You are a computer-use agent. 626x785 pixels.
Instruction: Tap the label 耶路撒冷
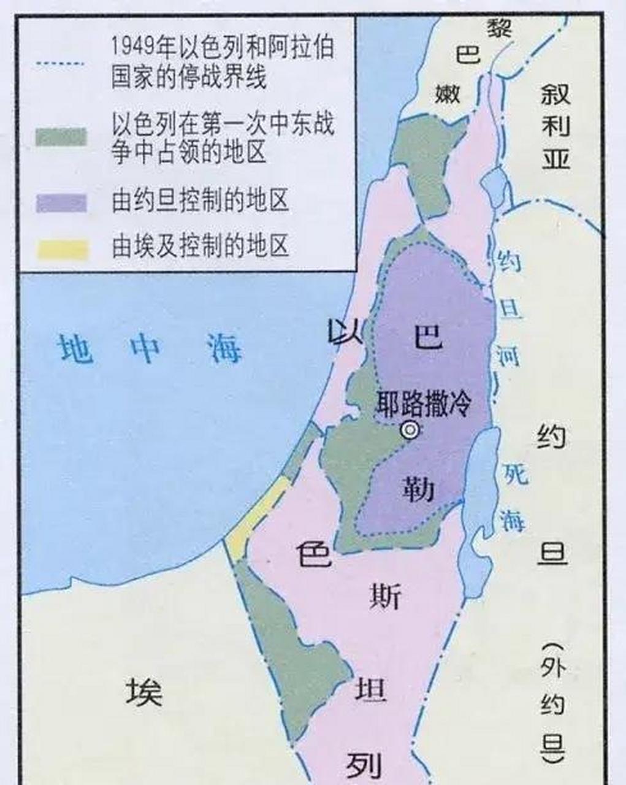coord(424,404)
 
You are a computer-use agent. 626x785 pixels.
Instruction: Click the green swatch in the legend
coord(61,137)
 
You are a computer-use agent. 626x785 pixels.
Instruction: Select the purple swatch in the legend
coord(61,202)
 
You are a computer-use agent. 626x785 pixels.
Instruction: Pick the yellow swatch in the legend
coord(61,248)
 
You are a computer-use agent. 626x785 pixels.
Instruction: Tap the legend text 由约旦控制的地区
coord(200,201)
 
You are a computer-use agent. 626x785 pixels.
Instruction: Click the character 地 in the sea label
coord(75,350)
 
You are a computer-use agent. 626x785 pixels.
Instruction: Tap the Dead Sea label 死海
coord(514,497)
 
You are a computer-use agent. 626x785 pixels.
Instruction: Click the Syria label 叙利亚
coord(555,126)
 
